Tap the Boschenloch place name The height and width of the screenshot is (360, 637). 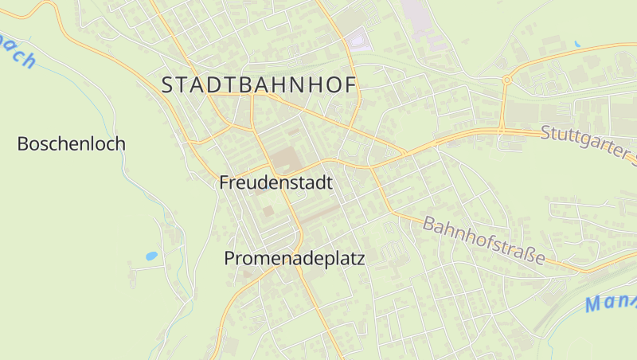[x=72, y=144]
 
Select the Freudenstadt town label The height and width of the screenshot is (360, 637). [x=276, y=182]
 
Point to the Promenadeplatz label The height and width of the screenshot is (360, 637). [x=294, y=259]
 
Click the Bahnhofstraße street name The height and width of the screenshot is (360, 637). [x=485, y=241]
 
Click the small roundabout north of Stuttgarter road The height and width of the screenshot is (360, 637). [x=506, y=80]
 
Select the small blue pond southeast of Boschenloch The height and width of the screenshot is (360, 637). [x=151, y=256]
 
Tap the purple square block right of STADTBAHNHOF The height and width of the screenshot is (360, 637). [x=359, y=39]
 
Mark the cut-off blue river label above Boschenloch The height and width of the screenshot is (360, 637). [x=18, y=52]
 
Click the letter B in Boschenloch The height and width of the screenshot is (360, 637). [x=23, y=144]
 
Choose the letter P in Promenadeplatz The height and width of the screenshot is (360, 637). [x=230, y=259]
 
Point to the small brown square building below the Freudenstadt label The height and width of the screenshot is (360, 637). [x=268, y=210]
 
